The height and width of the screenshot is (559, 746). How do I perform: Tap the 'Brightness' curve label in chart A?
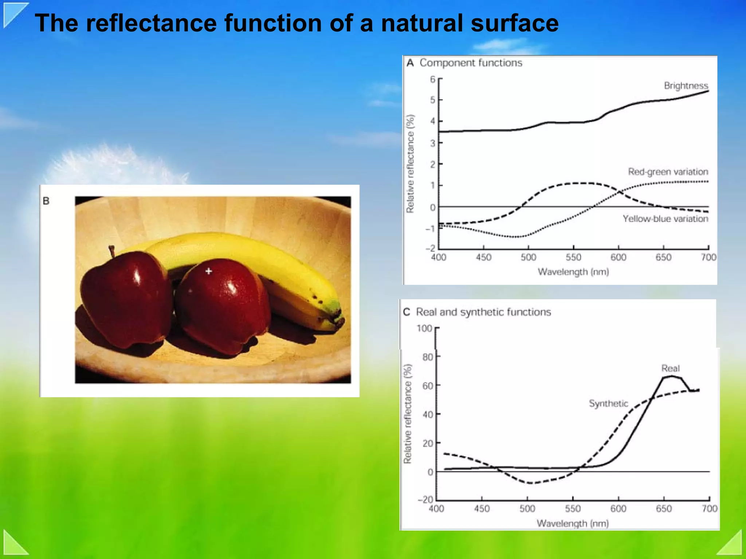pyautogui.click(x=686, y=86)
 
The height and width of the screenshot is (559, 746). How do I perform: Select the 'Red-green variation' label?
pyautogui.click(x=668, y=172)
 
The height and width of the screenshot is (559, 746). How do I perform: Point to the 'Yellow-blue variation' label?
pyautogui.click(x=665, y=219)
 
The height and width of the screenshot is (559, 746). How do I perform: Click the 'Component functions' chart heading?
pyautogui.click(x=471, y=63)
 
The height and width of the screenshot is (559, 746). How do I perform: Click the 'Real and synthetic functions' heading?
pyautogui.click(x=483, y=312)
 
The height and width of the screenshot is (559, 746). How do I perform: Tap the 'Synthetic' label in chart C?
pyautogui.click(x=608, y=403)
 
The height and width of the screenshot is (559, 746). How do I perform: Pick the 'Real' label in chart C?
pyautogui.click(x=670, y=368)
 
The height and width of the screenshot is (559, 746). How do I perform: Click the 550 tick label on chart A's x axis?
pyautogui.click(x=573, y=258)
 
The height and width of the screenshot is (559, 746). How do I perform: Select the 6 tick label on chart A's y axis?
pyautogui.click(x=432, y=79)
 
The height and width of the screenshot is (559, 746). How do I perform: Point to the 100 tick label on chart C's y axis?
pyautogui.click(x=424, y=329)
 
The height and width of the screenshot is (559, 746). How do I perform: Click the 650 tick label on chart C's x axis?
pyautogui.click(x=663, y=509)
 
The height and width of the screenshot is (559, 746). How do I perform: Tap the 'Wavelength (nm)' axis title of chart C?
pyautogui.click(x=573, y=524)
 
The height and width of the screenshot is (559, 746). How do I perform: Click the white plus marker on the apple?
pyautogui.click(x=209, y=271)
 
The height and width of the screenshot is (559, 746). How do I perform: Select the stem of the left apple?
pyautogui.click(x=112, y=251)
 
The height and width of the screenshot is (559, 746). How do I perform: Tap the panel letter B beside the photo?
pyautogui.click(x=46, y=201)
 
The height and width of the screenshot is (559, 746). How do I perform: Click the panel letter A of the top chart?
pyautogui.click(x=410, y=63)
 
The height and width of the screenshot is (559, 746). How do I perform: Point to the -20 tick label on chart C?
pyautogui.click(x=425, y=500)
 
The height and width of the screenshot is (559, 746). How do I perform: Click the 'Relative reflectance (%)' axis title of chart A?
pyautogui.click(x=411, y=164)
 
